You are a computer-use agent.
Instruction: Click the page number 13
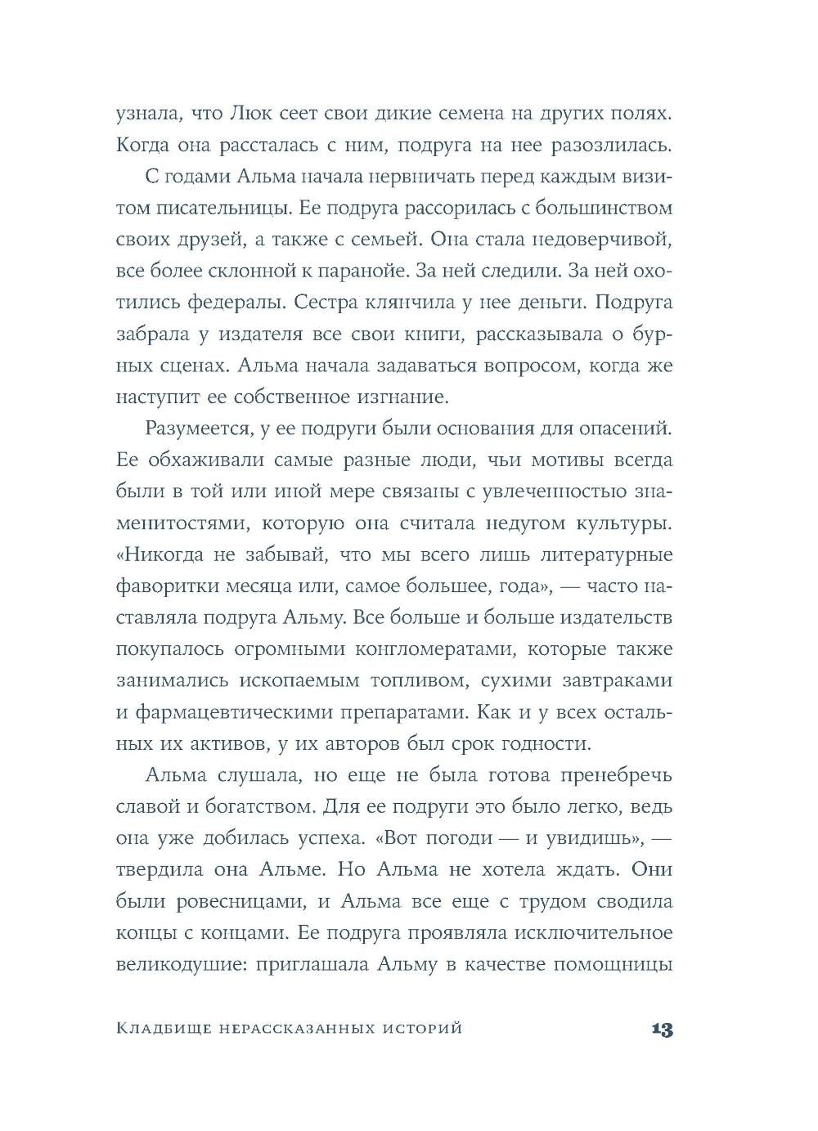coord(662,1030)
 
